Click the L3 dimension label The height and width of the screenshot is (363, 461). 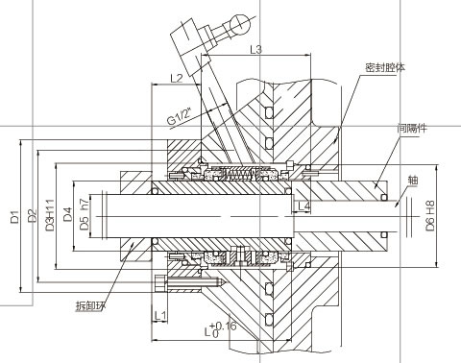coord(255,50)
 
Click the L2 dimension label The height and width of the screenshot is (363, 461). coord(176,78)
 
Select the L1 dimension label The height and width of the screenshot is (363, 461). coord(160,316)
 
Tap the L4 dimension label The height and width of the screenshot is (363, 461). coord(303,206)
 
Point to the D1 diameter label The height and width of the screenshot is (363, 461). coord(14,217)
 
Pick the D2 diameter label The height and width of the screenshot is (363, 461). coord(32,215)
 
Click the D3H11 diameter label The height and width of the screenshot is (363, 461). coord(50,215)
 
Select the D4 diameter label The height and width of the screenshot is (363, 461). coord(67,214)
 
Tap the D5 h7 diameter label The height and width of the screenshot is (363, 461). coord(85,214)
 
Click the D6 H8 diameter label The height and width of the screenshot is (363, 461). coord(430,215)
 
